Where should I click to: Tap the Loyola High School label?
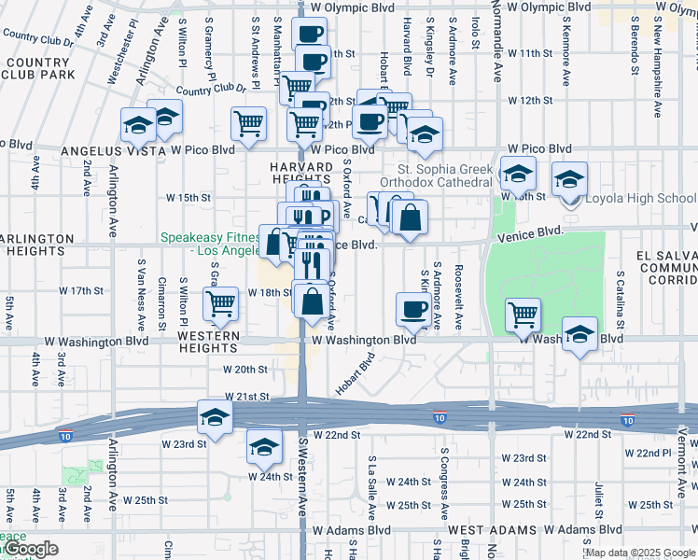[x=640, y=198]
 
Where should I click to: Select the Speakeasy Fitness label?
[x=213, y=244]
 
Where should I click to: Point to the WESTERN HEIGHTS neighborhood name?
[x=209, y=342]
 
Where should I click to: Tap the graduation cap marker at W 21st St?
[x=215, y=416]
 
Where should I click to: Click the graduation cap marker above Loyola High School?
[x=569, y=178]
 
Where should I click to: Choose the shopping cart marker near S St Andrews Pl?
[x=248, y=123]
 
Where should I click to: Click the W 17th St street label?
[x=80, y=290]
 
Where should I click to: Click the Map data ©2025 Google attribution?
[x=639, y=553]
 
